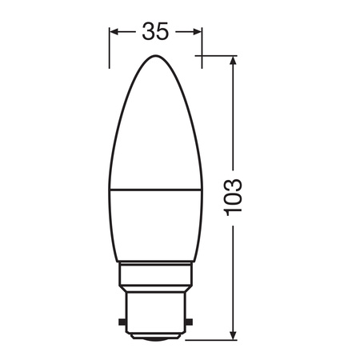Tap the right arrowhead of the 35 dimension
tap(198, 32)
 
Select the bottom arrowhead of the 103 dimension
tap(233, 334)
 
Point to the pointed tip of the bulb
tap(155, 57)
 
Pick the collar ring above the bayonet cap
tap(155, 282)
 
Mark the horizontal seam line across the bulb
tap(155, 190)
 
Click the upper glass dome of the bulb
tap(155, 128)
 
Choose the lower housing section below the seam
tap(155, 228)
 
